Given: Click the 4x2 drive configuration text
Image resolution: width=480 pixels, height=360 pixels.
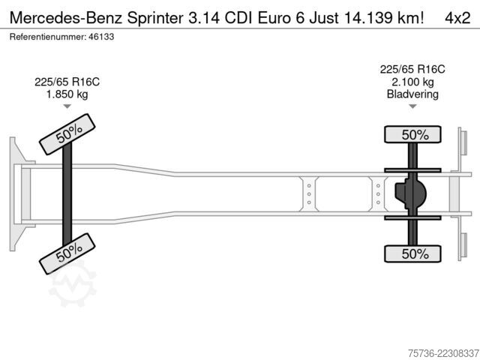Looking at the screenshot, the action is [x=457, y=18].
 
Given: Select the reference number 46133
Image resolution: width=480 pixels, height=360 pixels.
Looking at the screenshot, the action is [x=101, y=37].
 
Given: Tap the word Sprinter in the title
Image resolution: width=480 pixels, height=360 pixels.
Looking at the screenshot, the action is [x=155, y=18].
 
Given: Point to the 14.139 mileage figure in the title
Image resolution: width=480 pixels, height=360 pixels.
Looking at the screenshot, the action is [x=368, y=18].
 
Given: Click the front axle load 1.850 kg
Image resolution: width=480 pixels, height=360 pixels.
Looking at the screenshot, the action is [x=67, y=94].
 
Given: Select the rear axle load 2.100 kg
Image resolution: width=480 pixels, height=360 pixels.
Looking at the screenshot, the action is [x=412, y=82].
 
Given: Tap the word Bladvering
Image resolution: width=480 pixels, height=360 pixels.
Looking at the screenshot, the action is [x=412, y=94].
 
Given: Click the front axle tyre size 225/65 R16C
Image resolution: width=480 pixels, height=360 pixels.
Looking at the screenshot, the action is [x=67, y=82].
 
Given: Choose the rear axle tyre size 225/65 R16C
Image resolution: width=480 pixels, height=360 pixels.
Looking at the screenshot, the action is [x=412, y=70].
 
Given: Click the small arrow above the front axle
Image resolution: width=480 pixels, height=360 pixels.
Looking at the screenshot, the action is [x=67, y=106].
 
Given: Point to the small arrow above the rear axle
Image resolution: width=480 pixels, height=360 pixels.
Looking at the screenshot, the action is [x=412, y=106].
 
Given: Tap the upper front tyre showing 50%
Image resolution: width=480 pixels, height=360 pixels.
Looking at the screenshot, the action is [x=67, y=134].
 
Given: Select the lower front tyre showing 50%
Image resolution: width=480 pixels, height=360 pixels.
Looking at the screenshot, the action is [x=67, y=253].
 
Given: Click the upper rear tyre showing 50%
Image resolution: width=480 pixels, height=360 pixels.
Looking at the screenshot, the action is [x=412, y=134].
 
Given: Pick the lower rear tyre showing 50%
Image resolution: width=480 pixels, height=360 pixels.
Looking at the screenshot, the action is [x=412, y=253].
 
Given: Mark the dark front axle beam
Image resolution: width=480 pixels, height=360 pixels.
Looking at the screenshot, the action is [x=67, y=194].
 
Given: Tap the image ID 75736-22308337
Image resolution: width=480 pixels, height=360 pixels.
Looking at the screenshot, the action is [x=443, y=353].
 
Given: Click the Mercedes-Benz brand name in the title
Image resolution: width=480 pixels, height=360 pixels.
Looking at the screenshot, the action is [x=66, y=18].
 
